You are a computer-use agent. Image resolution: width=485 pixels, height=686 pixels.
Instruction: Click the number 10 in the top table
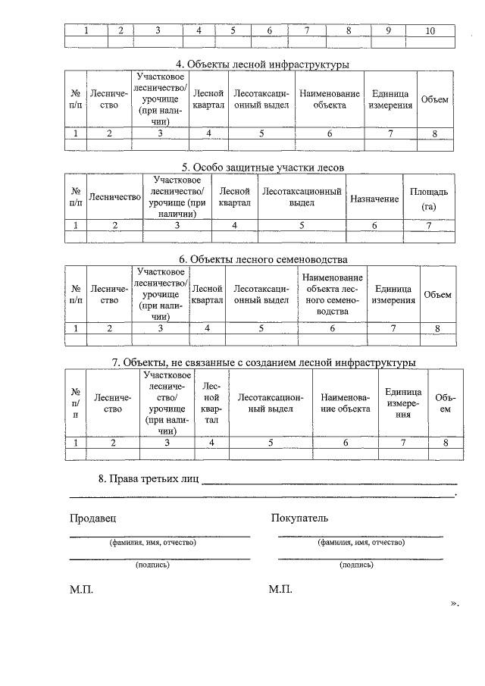pos(430,31)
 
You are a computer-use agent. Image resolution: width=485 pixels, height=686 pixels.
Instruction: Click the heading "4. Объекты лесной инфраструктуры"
pos(260,64)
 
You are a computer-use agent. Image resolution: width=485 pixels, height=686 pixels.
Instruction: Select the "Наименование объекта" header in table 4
pos(330,99)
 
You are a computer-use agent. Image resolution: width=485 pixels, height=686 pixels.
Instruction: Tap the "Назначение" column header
pos(374,198)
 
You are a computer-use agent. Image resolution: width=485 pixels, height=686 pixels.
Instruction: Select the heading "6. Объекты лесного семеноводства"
pos(260,259)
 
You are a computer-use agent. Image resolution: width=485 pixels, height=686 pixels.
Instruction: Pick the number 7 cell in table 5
pos(428,225)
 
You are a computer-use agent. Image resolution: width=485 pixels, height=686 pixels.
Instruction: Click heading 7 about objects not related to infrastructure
pos(263,362)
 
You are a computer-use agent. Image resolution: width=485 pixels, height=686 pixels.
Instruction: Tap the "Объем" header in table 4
pos(435,99)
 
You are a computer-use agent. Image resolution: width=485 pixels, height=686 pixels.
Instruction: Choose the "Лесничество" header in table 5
pos(115,198)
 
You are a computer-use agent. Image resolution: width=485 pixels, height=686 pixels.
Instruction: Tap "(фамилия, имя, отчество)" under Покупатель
pos(361,543)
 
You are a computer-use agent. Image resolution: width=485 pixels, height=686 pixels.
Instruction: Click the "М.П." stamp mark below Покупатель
pos(280,590)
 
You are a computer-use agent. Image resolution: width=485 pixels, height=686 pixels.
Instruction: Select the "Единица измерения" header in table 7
pos(403,403)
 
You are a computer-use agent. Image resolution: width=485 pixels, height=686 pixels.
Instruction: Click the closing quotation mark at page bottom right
pos(455,603)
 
